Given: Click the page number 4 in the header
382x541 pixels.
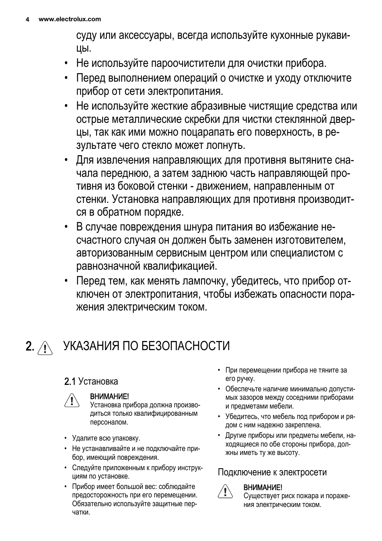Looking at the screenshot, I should point(27,19).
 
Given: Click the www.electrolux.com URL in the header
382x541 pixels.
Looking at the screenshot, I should point(70,19).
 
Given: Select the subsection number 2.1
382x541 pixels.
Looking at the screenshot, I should point(70,381).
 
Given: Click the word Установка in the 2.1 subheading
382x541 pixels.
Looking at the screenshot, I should point(98,381).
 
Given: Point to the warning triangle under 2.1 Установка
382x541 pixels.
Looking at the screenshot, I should point(71,400).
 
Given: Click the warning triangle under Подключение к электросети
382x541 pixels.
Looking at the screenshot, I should point(225,491).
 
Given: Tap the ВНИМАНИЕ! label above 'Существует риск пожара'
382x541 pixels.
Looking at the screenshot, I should point(263,487).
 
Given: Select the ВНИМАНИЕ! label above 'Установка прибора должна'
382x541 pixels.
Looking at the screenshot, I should point(109,397).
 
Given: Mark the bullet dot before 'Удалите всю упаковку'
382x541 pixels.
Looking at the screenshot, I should point(65,438).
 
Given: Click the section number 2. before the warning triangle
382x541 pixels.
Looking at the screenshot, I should point(30,346).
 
